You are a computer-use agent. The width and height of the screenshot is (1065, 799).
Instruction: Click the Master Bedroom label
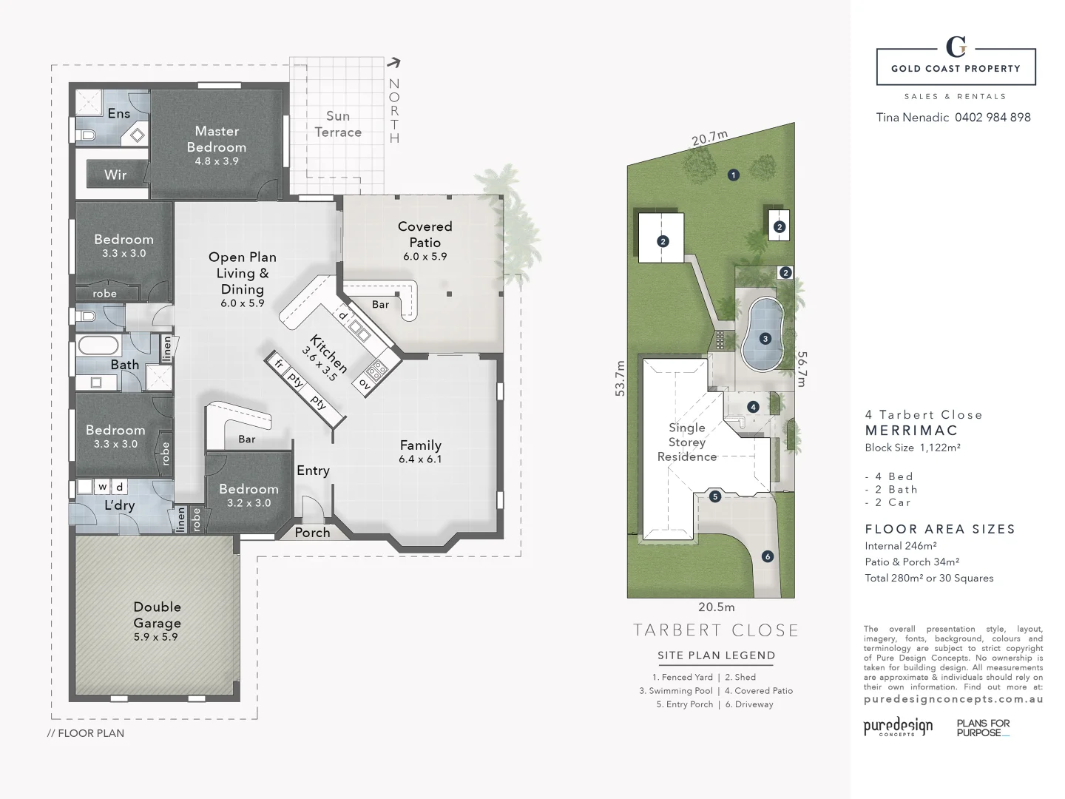pyautogui.click(x=216, y=139)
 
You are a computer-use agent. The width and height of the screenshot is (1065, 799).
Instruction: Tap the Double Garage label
pyautogui.click(x=157, y=614)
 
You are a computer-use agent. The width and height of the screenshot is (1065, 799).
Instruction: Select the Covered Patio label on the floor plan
pyautogui.click(x=425, y=235)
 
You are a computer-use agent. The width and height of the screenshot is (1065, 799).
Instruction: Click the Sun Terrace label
pyautogui.click(x=338, y=124)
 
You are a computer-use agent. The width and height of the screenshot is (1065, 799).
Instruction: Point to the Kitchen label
pyautogui.click(x=328, y=353)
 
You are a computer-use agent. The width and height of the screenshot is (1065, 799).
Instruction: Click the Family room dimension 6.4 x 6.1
pyautogui.click(x=420, y=459)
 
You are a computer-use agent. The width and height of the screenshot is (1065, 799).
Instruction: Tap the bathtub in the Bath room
pyautogui.click(x=98, y=345)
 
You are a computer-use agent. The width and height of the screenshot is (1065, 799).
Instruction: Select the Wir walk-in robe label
pyautogui.click(x=115, y=175)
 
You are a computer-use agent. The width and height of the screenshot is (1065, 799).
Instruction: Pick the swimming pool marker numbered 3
pyautogui.click(x=765, y=339)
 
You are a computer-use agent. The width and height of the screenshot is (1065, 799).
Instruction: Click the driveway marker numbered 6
pyautogui.click(x=767, y=556)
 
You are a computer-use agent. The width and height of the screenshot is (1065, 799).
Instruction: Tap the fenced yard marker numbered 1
pyautogui.click(x=733, y=175)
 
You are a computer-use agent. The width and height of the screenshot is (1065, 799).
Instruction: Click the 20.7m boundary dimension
pyautogui.click(x=709, y=139)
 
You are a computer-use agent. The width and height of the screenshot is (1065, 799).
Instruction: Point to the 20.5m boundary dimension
pyautogui.click(x=717, y=607)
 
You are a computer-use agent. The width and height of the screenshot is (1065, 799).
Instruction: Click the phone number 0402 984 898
pyautogui.click(x=993, y=117)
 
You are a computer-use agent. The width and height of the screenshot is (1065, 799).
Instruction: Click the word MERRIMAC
pyautogui.click(x=911, y=430)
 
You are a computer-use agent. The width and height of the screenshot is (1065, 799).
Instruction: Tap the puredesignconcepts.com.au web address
pyautogui.click(x=953, y=698)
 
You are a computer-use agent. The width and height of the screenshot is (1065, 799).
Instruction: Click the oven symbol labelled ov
pyautogui.click(x=365, y=383)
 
